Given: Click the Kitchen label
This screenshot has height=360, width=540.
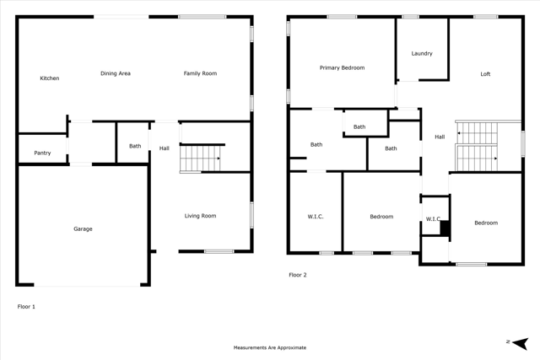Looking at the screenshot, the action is click(x=50, y=78).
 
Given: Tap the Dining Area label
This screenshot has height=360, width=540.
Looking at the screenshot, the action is click(x=116, y=73).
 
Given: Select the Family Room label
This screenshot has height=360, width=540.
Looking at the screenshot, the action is click(x=200, y=73).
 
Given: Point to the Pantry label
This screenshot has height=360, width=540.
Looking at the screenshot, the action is click(x=42, y=153).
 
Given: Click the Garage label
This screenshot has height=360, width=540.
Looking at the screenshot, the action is click(x=83, y=228).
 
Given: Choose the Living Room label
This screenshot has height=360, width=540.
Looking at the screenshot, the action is click(x=200, y=216).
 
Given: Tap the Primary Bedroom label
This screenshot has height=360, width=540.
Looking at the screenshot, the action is click(x=342, y=67).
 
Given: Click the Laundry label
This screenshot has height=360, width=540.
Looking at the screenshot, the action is click(x=422, y=53).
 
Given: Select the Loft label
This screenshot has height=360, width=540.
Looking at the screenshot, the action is click(x=485, y=74).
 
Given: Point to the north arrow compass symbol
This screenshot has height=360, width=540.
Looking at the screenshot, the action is click(x=520, y=343).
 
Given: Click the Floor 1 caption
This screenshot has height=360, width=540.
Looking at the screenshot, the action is click(x=26, y=307).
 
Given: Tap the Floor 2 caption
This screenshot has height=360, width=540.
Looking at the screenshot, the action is click(x=298, y=275).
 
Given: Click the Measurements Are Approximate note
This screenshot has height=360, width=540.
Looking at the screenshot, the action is click(x=270, y=347).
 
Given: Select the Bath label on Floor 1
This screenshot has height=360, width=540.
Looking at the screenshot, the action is click(x=135, y=146).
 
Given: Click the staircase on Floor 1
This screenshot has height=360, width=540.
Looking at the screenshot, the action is click(x=200, y=159).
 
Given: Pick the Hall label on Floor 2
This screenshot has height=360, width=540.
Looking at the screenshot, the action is click(x=440, y=137).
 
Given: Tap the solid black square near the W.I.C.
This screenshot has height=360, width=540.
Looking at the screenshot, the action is click(x=445, y=228).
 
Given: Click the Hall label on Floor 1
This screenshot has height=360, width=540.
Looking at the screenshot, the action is click(x=165, y=148).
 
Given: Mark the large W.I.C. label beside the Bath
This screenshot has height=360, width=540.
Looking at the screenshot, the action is click(x=316, y=217).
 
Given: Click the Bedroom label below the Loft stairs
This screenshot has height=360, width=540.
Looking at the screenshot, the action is click(x=486, y=223).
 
